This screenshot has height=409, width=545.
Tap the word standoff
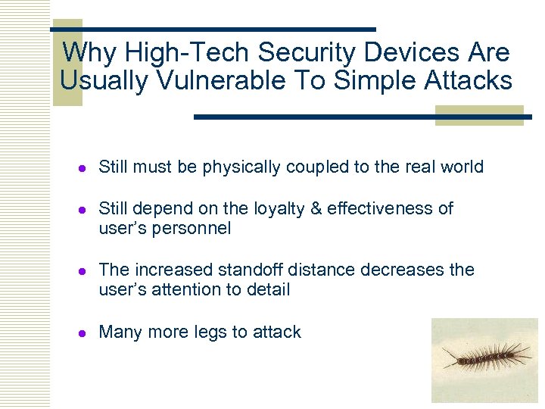[250, 270]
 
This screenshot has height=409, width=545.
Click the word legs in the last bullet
[210, 333]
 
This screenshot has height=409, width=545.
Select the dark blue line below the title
[363, 117]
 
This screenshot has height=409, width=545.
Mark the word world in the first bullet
[462, 167]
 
